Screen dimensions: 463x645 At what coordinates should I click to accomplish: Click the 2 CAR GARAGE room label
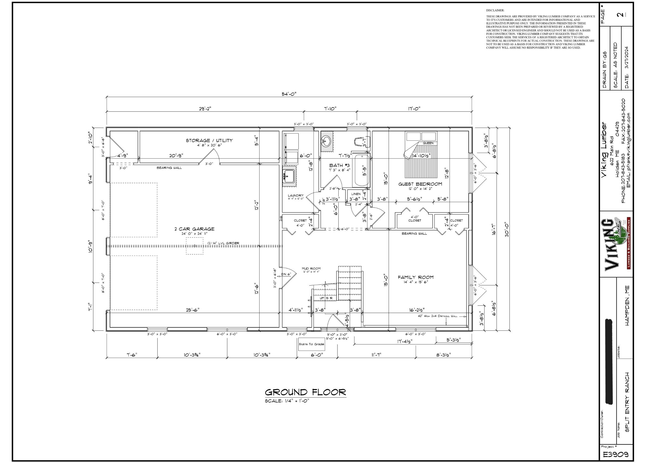coord(194,229)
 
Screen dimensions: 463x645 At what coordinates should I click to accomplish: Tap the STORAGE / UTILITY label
coord(209,140)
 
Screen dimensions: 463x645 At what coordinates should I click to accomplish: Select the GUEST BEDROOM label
coord(420,184)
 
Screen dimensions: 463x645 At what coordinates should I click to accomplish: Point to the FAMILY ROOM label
coord(415,277)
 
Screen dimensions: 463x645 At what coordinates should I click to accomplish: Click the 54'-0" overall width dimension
coord(289,94)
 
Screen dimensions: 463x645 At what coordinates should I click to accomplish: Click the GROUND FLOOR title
coord(305,392)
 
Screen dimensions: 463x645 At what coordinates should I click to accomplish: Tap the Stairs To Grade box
coord(311,344)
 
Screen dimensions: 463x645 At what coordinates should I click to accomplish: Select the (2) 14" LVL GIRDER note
coord(223,243)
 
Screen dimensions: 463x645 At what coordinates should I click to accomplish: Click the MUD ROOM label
coord(311,268)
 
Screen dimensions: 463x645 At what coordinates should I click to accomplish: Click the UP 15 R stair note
coord(324,298)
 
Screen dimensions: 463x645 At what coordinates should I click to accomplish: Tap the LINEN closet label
coord(356,194)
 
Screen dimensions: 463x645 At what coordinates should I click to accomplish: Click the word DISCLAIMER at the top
coord(495,10)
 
